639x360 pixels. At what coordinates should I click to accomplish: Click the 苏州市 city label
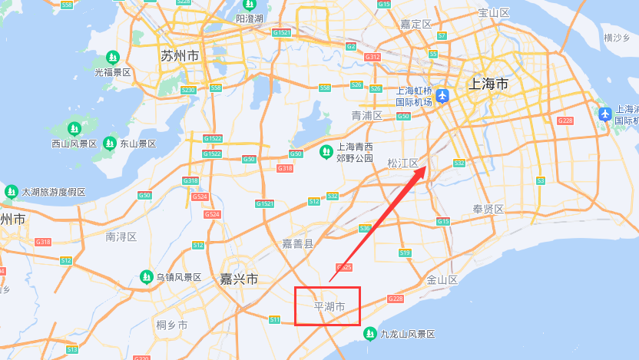coord(180,56)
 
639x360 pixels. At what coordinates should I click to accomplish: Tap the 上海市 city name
coord(488,84)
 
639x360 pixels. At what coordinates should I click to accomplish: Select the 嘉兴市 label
coord(239,279)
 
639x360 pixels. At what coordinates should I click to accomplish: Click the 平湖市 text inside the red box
coord(330,307)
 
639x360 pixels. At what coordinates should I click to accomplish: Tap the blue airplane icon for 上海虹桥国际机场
coord(442,96)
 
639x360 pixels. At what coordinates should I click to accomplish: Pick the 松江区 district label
coord(402,163)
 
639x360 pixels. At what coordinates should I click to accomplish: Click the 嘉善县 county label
coord(297,244)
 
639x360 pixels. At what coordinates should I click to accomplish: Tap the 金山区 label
coord(442,280)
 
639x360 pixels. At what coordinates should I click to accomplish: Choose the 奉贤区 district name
coord(488,210)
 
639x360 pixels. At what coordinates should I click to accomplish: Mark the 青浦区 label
coord(367,116)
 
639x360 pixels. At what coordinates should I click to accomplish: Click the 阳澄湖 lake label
coord(250,18)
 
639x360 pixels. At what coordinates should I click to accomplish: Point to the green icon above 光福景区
coord(113,58)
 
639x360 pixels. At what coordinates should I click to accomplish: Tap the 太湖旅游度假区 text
coord(54,192)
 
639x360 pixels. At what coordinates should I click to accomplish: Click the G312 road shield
coord(372,58)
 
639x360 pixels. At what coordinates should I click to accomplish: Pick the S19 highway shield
coord(405,253)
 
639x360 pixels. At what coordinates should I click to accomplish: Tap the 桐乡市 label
coord(172,325)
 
